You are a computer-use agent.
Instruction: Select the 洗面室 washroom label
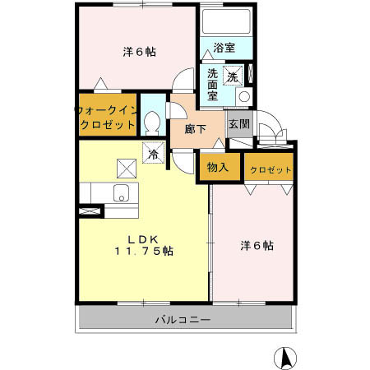pos(212,83)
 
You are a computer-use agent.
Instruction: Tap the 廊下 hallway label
pos(195,129)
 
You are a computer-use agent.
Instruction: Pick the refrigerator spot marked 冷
pos(153,152)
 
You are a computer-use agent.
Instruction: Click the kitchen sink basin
pos(120,195)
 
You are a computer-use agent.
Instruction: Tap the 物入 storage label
pos(218,168)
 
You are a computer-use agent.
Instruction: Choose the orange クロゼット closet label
pos(270,169)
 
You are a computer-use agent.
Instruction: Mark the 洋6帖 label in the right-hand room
pos(257,245)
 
